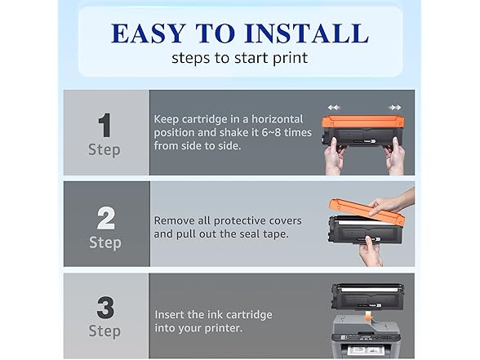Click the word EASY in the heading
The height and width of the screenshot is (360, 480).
(x=149, y=33)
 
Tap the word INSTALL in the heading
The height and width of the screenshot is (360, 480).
(x=307, y=33)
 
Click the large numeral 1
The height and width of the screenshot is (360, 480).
(x=104, y=125)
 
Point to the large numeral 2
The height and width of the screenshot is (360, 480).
(x=105, y=218)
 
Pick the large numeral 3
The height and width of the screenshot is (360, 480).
(x=105, y=307)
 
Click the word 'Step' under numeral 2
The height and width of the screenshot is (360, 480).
(x=105, y=243)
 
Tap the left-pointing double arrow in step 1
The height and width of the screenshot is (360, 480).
(x=334, y=108)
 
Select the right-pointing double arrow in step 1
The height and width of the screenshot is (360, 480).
(x=395, y=108)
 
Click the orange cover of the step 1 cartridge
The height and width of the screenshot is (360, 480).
(x=362, y=122)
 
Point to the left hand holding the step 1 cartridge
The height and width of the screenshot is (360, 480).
(x=336, y=156)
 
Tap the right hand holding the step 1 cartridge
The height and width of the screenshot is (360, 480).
(x=394, y=156)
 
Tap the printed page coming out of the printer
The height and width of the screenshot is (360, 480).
(x=366, y=350)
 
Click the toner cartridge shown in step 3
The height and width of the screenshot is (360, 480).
(x=367, y=296)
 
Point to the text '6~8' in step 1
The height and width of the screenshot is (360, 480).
(x=271, y=132)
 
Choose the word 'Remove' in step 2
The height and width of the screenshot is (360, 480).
(x=174, y=220)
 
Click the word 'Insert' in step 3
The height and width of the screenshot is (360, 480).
(x=169, y=315)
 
